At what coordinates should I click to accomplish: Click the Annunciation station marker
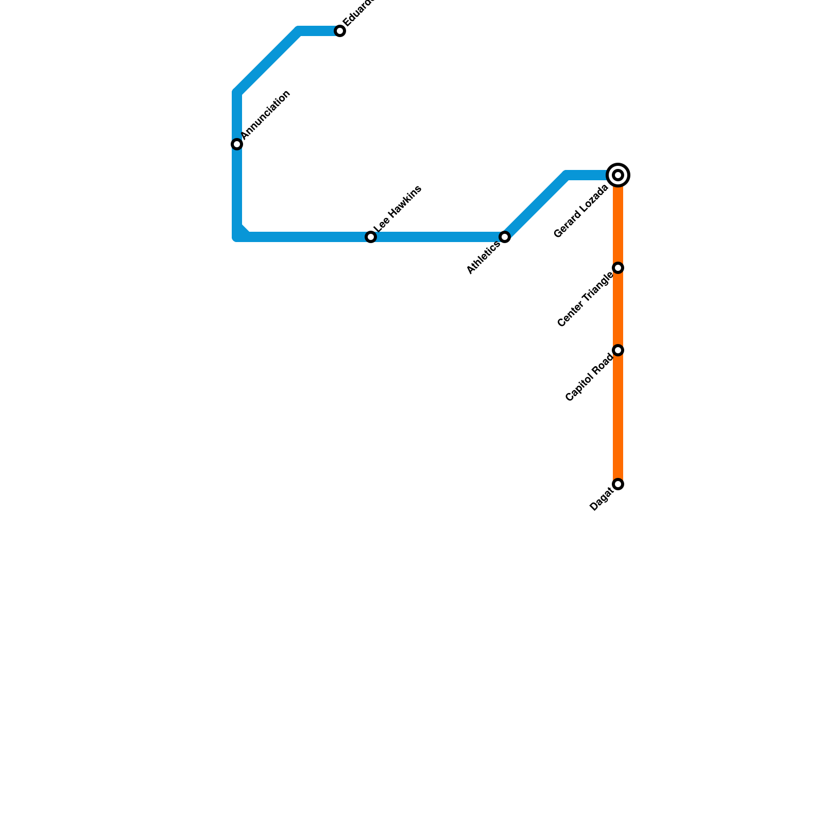point(237,144)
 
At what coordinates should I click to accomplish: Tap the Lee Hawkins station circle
point(371,237)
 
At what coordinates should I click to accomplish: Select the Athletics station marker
point(505,237)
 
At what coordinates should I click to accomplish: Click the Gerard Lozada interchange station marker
point(618,175)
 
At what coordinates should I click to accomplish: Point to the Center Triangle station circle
point(618,268)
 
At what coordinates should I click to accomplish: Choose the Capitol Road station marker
point(618,350)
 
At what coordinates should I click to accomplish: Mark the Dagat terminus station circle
point(618,484)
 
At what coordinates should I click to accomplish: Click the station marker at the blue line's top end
point(340,31)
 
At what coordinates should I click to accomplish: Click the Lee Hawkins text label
point(398,209)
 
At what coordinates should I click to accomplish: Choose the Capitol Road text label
point(590,378)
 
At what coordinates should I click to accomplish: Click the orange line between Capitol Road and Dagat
point(618,417)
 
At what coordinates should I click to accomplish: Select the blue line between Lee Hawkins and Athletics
point(438,237)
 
